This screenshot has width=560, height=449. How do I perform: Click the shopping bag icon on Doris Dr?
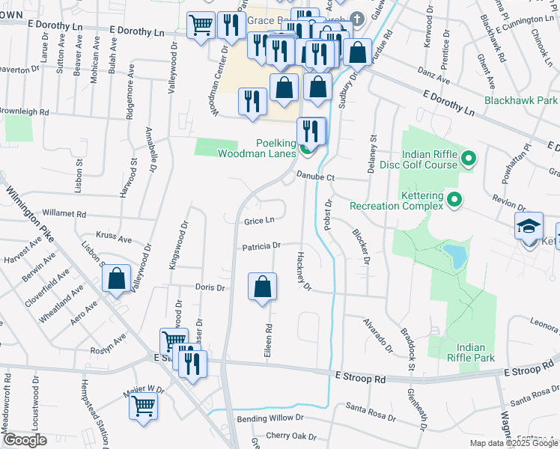point(262,287)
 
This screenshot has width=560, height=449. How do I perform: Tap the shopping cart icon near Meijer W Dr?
point(144,406)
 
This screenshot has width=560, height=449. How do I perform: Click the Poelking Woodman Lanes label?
point(256,148)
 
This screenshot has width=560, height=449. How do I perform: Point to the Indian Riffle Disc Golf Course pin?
point(469,158)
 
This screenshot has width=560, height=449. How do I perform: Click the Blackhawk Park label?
point(521,100)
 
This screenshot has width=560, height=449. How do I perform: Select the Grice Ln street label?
point(259,221)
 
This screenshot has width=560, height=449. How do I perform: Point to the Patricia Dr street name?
point(261,245)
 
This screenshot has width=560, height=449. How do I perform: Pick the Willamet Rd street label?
point(64,213)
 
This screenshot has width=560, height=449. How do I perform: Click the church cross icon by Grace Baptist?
point(357,18)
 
